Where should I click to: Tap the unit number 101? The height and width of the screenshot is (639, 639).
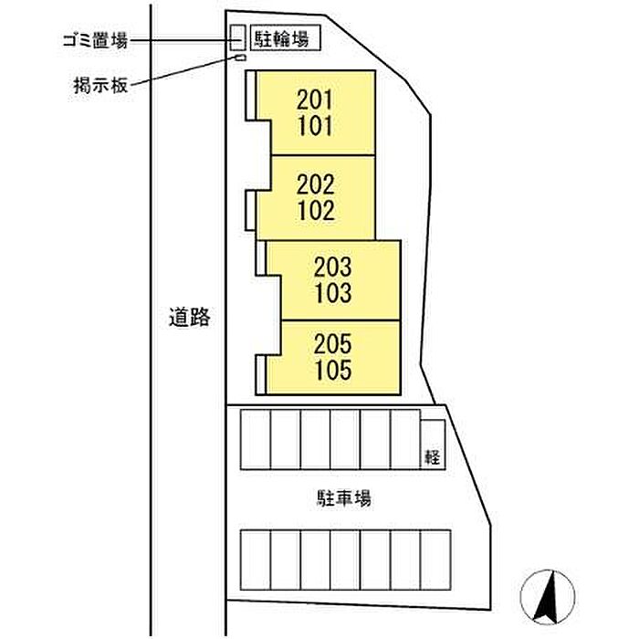pos(315,125)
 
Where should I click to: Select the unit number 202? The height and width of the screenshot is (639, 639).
pos(316,184)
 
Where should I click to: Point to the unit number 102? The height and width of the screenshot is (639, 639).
pos(316,210)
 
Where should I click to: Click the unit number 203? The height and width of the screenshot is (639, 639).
pos(331,268)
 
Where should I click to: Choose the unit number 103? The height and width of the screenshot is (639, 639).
pos(331,293)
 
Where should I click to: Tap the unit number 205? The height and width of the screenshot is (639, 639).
pos(331,345)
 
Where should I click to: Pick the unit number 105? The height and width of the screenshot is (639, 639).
pos(331,371)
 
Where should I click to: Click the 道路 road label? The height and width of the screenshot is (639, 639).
pos(190,318)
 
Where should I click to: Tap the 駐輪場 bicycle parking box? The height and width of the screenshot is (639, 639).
pos(285,38)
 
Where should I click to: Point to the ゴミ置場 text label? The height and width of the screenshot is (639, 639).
pos(93,39)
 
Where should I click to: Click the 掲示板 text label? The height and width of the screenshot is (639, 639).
pos(102,86)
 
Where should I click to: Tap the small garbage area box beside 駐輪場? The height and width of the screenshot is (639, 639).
pos(237,37)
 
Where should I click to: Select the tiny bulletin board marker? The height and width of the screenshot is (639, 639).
pos(241,58)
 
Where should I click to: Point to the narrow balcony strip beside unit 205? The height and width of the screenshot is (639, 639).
pos(261,373)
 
